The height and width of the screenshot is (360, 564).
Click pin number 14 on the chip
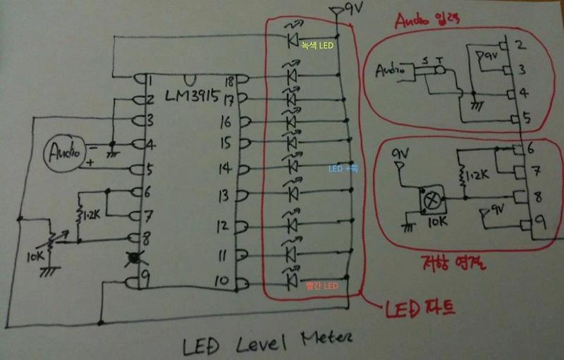(225, 168)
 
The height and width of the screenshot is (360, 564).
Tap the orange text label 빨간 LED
(321, 286)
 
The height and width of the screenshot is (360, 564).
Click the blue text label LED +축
(343, 169)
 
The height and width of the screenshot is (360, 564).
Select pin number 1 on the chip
(150, 80)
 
